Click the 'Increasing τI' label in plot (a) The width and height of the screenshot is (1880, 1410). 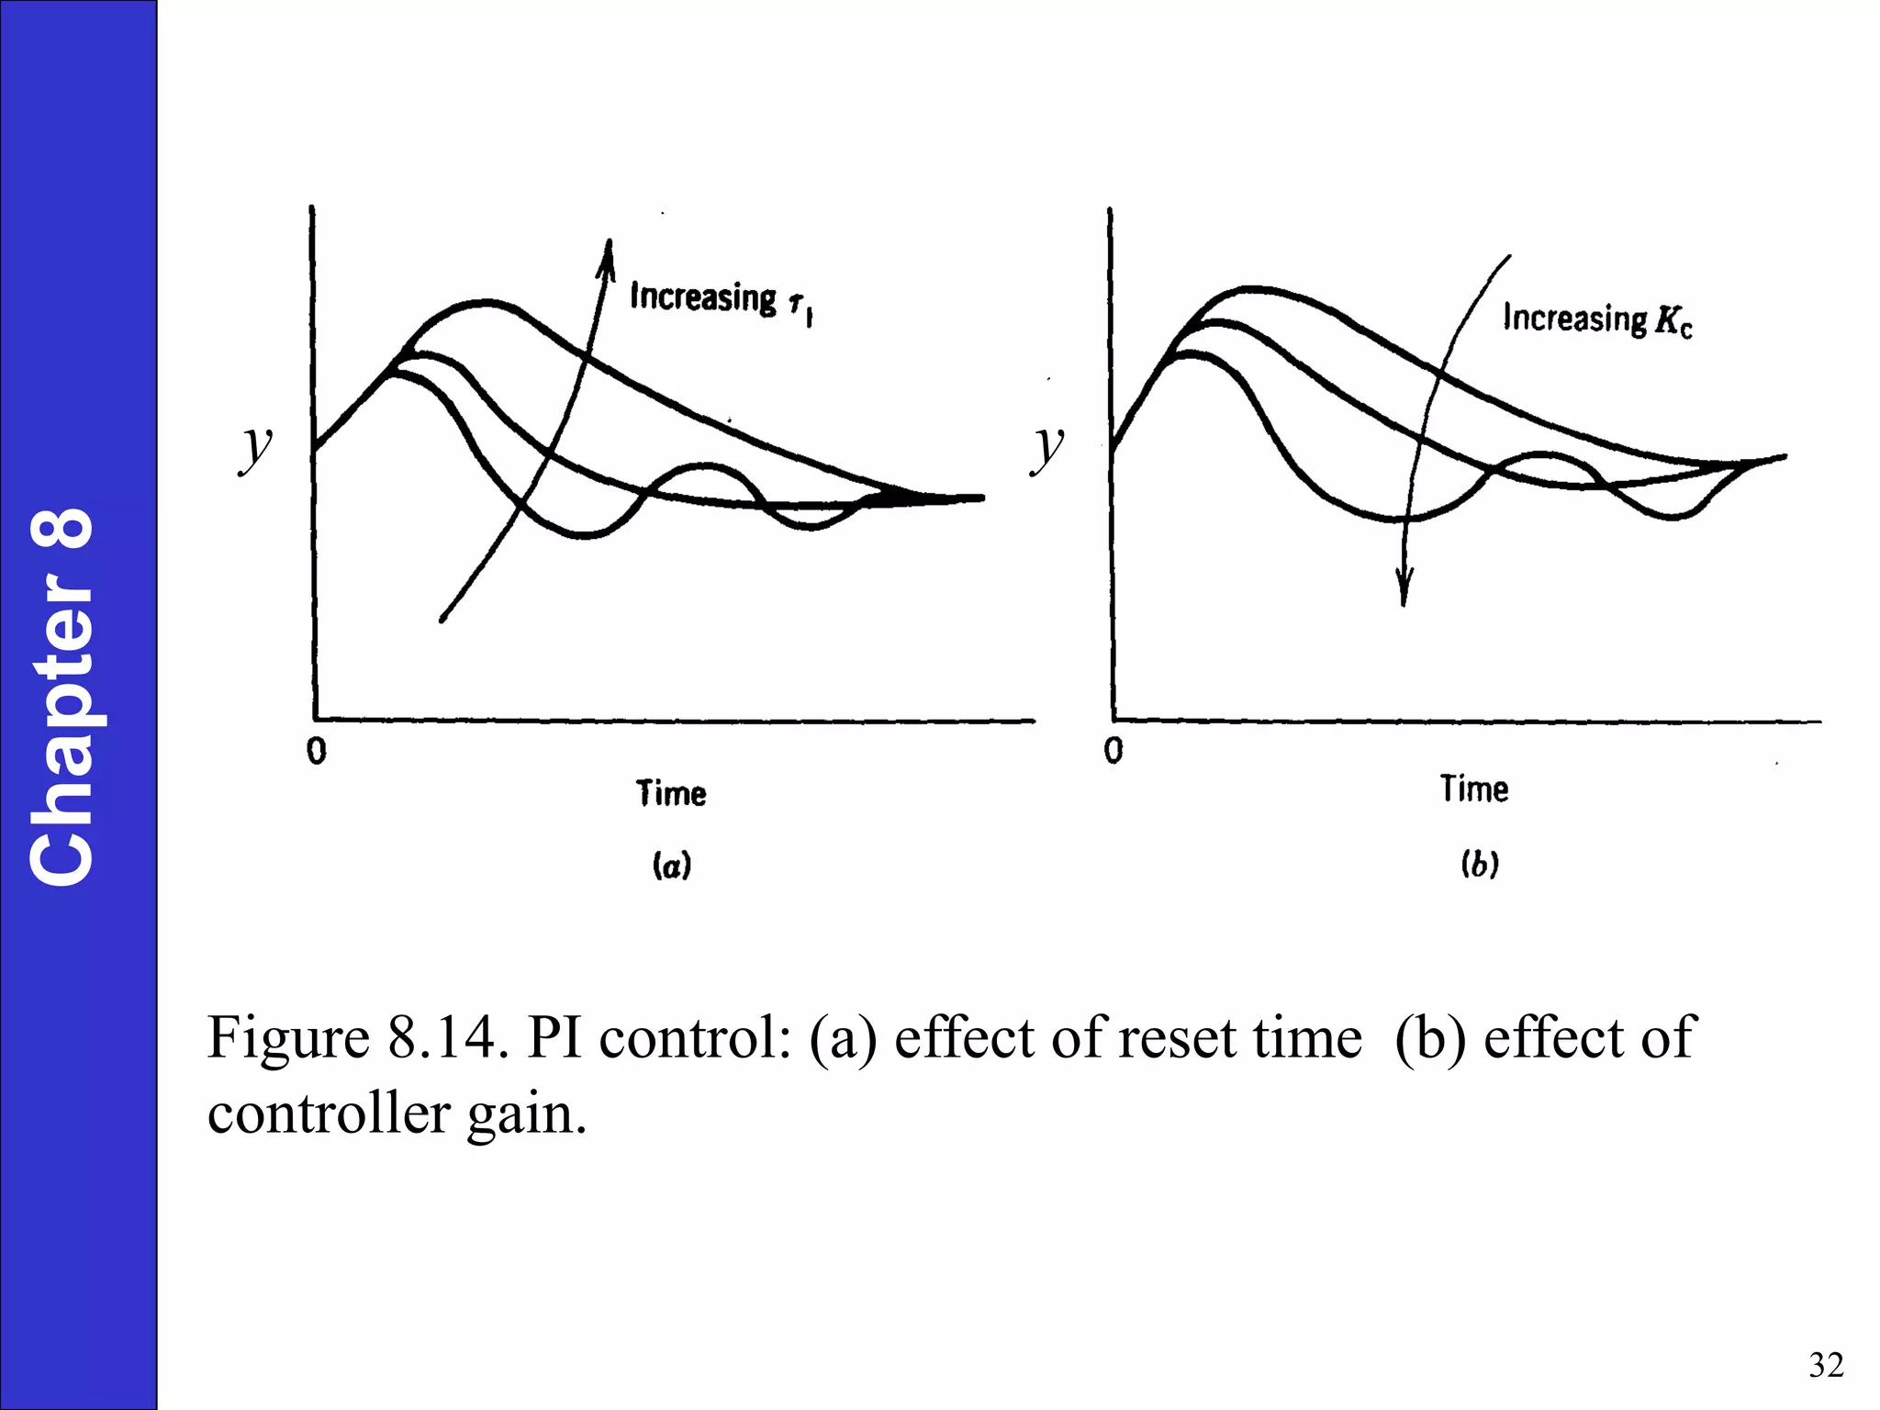(x=721, y=301)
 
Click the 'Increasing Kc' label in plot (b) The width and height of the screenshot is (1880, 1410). (x=1597, y=319)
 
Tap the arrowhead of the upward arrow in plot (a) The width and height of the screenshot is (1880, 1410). (x=608, y=252)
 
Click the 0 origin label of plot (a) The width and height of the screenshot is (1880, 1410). (x=317, y=752)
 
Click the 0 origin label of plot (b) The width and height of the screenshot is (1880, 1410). (x=1113, y=751)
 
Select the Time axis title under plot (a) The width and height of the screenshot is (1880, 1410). (x=671, y=793)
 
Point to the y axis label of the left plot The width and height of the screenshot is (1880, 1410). (x=256, y=447)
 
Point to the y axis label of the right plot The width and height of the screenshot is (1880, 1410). (x=1047, y=447)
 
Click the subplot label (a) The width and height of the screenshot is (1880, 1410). (x=671, y=866)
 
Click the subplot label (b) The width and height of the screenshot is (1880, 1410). (x=1480, y=864)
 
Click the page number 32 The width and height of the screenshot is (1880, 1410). (x=1826, y=1365)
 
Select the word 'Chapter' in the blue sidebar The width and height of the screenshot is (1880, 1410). (x=62, y=730)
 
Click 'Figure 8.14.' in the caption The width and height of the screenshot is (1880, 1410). (x=356, y=1038)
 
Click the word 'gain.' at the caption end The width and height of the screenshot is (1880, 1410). (x=526, y=1114)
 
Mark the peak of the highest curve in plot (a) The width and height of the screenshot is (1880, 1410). (x=484, y=301)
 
